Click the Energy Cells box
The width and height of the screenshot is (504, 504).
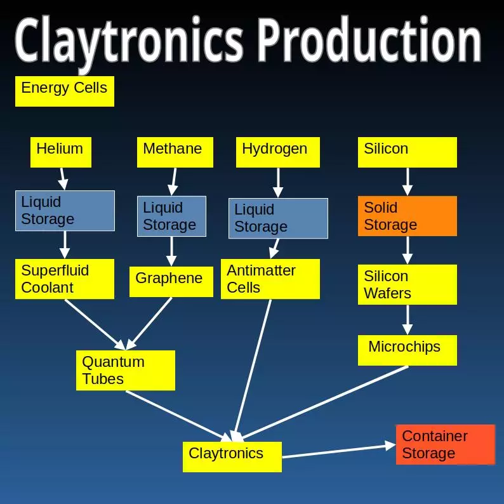click(64, 91)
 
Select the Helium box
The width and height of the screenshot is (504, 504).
click(60, 152)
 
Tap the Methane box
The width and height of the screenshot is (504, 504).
click(175, 152)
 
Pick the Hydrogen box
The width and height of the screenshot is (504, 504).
click(277, 152)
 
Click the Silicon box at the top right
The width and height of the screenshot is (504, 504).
click(407, 152)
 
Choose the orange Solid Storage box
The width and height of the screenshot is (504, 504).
click(407, 216)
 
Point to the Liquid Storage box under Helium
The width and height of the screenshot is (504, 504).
click(65, 211)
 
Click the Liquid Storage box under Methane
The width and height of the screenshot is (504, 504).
click(171, 216)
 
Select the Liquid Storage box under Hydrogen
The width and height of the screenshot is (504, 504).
click(278, 218)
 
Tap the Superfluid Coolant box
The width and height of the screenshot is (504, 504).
click(64, 279)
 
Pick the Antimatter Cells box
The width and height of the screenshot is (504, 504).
click(270, 279)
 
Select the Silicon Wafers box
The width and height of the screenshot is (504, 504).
click(407, 285)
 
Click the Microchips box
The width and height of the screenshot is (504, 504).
click(407, 350)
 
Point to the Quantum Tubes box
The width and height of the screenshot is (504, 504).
click(125, 371)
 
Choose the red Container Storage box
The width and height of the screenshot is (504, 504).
click(445, 444)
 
